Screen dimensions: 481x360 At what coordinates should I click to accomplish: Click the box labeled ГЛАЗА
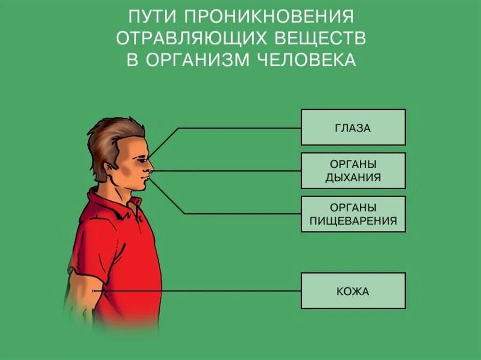click(353, 127)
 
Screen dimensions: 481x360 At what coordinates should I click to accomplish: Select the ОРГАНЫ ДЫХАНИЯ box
click(353, 170)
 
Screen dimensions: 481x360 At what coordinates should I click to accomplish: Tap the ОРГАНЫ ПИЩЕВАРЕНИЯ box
click(353, 214)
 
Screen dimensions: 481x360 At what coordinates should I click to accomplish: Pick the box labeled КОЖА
click(353, 291)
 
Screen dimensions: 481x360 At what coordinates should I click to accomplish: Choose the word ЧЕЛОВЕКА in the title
click(303, 61)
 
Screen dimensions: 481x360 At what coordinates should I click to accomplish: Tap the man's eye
click(139, 159)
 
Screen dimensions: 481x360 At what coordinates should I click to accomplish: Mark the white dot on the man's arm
click(94, 291)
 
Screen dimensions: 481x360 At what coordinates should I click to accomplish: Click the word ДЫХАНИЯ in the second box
click(353, 177)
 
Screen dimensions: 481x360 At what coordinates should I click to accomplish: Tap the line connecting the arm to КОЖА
click(197, 291)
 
